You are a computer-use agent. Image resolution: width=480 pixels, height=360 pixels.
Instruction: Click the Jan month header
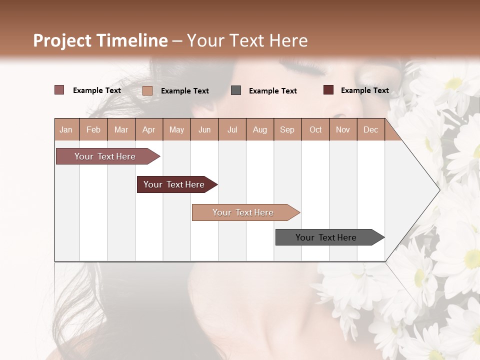pyautogui.click(x=66, y=129)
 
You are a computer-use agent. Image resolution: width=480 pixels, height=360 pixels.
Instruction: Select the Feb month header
pyautogui.click(x=93, y=129)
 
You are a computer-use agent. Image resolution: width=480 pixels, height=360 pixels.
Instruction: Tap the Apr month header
pyautogui.click(x=148, y=129)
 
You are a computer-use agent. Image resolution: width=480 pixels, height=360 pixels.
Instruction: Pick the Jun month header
pyautogui.click(x=204, y=129)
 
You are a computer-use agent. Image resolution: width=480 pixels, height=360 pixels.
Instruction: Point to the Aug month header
pyautogui.click(x=259, y=129)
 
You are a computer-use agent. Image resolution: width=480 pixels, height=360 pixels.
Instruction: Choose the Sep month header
pyautogui.click(x=287, y=129)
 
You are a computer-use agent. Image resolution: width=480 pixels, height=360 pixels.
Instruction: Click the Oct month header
pyautogui.click(x=315, y=129)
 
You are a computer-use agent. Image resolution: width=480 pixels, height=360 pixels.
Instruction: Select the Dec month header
pyautogui.click(x=370, y=129)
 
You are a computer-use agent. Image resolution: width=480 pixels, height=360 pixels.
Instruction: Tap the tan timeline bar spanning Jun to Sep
pyautogui.click(x=243, y=212)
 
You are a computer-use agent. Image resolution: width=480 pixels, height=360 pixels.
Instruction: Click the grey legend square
pyautogui.click(x=236, y=90)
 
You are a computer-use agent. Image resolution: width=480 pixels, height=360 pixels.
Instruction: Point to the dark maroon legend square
pyautogui.click(x=328, y=90)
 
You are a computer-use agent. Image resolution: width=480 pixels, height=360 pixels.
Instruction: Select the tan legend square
pyautogui.click(x=147, y=90)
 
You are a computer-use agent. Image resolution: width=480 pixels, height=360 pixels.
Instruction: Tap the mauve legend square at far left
pyautogui.click(x=59, y=90)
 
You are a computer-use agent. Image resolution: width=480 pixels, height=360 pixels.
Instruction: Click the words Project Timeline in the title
pyautogui.click(x=100, y=40)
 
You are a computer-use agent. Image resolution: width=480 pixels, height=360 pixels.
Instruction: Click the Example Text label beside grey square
pyautogui.click(x=273, y=91)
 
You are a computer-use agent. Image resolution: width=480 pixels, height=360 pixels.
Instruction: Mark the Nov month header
pyautogui.click(x=343, y=129)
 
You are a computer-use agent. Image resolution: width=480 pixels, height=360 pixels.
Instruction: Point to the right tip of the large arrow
pyautogui.click(x=438, y=190)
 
